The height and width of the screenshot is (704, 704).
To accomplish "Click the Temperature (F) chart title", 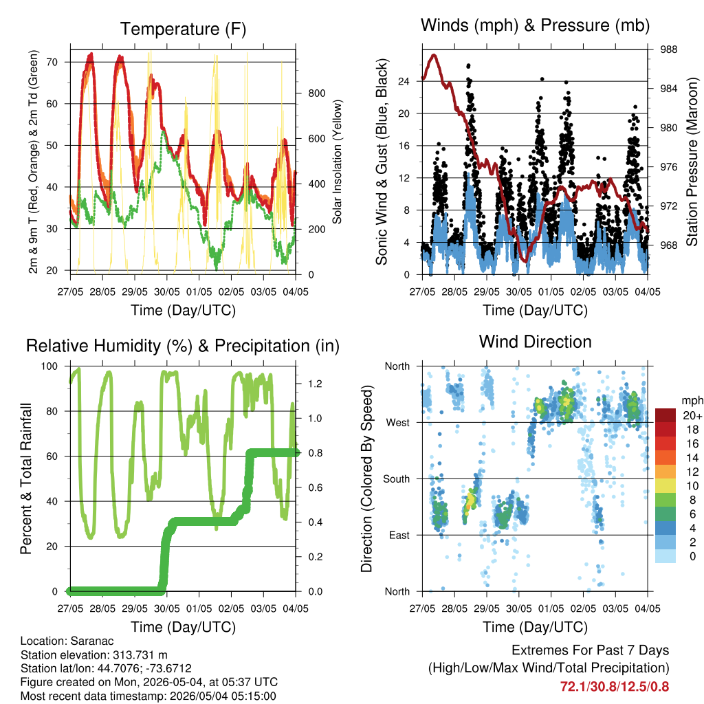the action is coord(183,29).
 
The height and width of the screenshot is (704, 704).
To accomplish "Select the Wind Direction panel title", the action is coord(535,342).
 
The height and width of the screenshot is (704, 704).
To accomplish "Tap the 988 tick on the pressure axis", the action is coord(668,49).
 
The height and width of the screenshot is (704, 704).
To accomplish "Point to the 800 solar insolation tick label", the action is coord(317,93).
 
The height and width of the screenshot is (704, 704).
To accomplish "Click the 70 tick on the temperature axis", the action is coord(52,62).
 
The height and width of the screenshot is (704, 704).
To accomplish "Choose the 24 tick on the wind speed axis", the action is coord(404,81).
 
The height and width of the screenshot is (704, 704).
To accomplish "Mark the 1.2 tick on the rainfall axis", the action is coord(315,384).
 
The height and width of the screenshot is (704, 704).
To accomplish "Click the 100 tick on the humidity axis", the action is coord(49,366).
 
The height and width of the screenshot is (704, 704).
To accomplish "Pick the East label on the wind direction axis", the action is coord(399,535).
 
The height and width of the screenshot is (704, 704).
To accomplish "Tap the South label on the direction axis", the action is coord(397,479).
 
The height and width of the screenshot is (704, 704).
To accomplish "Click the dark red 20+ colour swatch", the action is coord(665,415).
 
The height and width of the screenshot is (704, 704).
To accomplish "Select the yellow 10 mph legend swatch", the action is coord(665,485).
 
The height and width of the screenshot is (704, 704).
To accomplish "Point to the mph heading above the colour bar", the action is coord(692,401).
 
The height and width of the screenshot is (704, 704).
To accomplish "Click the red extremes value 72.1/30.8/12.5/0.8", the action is coord(614,687).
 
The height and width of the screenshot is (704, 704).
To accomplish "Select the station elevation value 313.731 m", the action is coord(138,654).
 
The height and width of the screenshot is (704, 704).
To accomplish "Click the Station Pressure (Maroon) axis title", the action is coord(692,162).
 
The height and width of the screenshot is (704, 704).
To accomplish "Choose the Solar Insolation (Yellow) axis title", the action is coord(337,162).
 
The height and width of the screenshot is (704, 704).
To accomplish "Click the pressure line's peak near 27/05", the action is coord(434,55).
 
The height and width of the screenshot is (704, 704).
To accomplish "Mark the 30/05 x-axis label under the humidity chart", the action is coord(167,608).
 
